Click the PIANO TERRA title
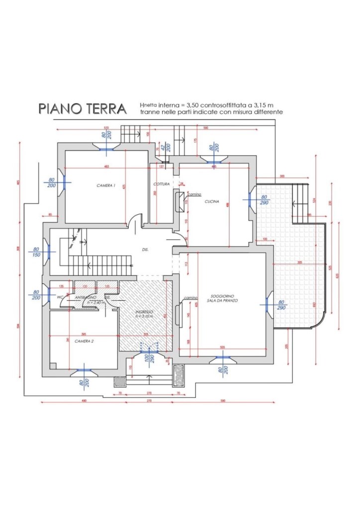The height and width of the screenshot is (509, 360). coord(82,109)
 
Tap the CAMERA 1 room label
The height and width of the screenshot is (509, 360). coord(106,185)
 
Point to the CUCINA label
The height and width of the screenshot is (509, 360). coord(212,202)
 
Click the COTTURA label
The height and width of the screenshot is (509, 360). coord(162,184)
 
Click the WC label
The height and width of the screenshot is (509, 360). coord(59,297)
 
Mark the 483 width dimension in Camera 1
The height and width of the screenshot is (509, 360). coord(106,166)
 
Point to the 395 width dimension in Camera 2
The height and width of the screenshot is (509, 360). coord(84,334)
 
